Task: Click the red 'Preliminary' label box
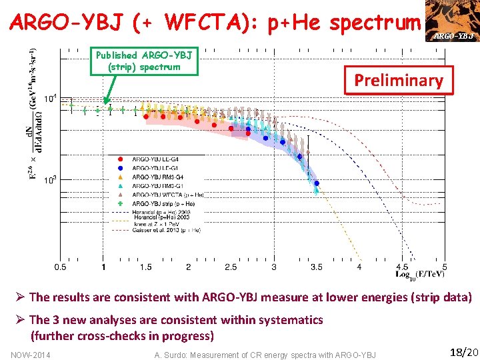398,81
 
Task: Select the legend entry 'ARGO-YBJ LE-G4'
155,159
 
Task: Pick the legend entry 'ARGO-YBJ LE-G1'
155,168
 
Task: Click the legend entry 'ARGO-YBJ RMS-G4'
157,177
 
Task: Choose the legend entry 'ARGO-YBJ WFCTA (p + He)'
167,195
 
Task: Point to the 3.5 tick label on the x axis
316,267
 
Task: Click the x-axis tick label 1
103,267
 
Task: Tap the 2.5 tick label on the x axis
231,267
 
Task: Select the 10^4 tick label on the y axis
49,98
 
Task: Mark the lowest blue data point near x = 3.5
317,183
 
